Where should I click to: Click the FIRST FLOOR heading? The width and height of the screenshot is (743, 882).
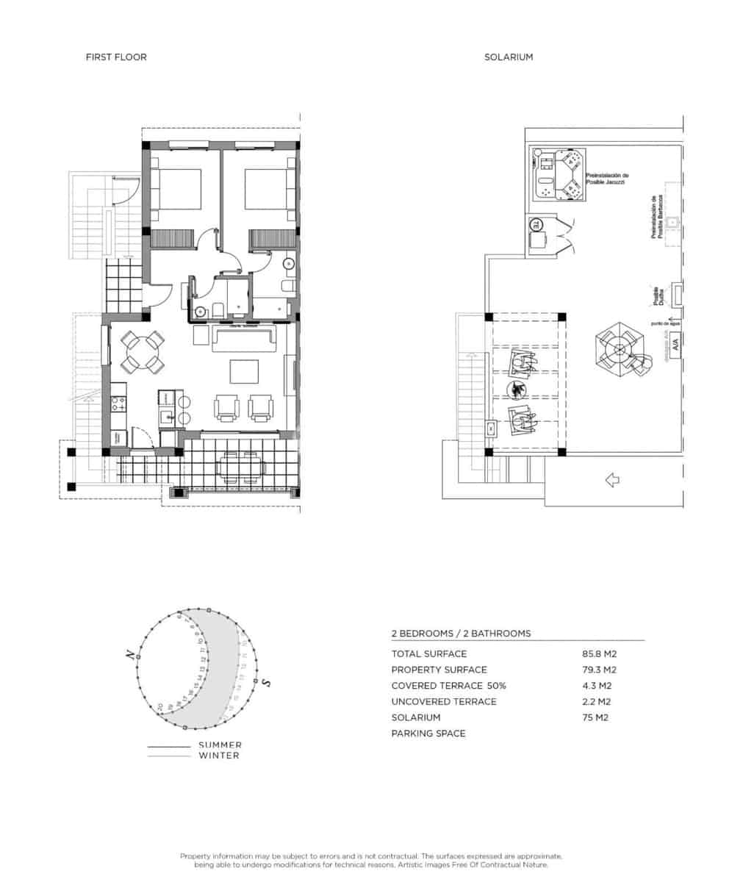[x=116, y=57]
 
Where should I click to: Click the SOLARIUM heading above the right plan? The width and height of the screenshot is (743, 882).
[x=509, y=57]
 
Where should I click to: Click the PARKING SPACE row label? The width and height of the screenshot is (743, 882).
[x=428, y=734]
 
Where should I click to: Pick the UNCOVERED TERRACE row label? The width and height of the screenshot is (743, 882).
[x=443, y=701]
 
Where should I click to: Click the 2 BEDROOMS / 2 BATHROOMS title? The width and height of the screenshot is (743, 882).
[x=461, y=633]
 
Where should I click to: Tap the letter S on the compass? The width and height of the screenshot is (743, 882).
[x=267, y=683]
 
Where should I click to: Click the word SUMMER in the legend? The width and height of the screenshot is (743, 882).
[x=220, y=745]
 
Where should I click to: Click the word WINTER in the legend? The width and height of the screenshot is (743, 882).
[x=219, y=755]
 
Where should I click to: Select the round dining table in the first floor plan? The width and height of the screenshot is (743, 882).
[x=143, y=352]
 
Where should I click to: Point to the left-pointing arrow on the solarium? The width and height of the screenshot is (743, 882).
[x=611, y=480]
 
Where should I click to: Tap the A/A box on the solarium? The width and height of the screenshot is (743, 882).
[x=674, y=343]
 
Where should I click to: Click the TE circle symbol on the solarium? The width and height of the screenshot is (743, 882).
[x=536, y=225]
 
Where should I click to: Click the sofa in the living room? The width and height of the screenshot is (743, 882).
[x=243, y=339]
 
